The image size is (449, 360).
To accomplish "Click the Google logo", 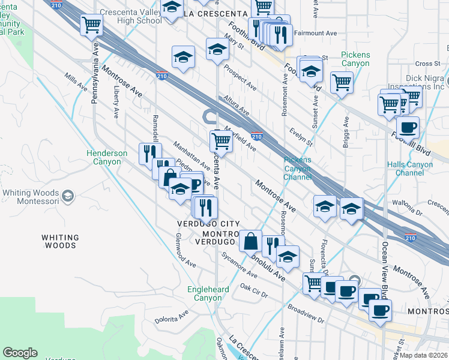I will [x=20, y=353].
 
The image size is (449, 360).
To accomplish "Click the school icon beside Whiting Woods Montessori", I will [x=68, y=196].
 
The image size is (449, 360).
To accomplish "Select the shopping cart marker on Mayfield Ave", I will [x=221, y=140].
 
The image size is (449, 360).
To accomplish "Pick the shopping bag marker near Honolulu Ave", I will [x=250, y=241].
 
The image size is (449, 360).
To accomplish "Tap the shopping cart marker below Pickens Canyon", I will [x=342, y=82].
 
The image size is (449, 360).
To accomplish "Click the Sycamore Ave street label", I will [x=239, y=265].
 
